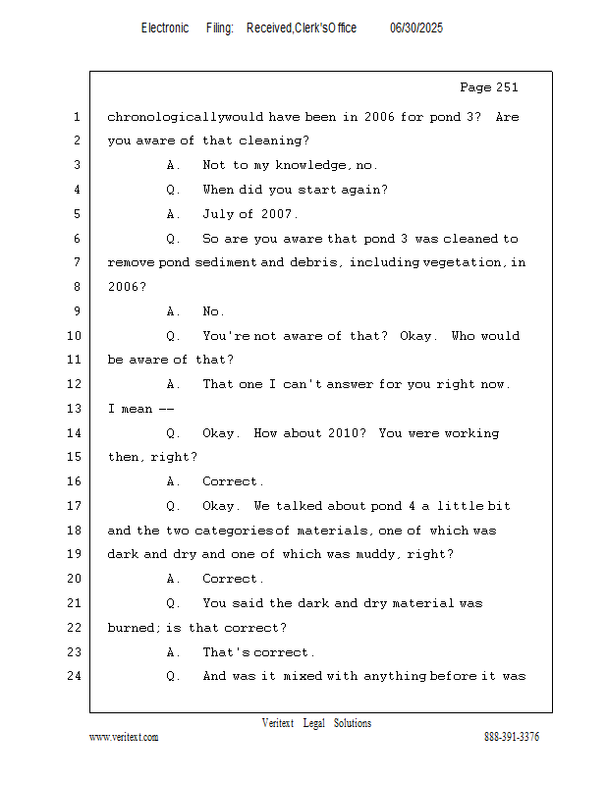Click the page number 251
[506, 87]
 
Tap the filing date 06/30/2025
[416, 28]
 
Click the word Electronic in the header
[165, 28]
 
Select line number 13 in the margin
[74, 409]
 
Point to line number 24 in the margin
[74, 676]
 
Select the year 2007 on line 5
[276, 214]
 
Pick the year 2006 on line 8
[124, 287]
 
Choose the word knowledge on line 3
[310, 165]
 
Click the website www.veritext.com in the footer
[124, 738]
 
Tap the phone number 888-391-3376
[512, 737]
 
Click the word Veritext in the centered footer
[278, 723]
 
